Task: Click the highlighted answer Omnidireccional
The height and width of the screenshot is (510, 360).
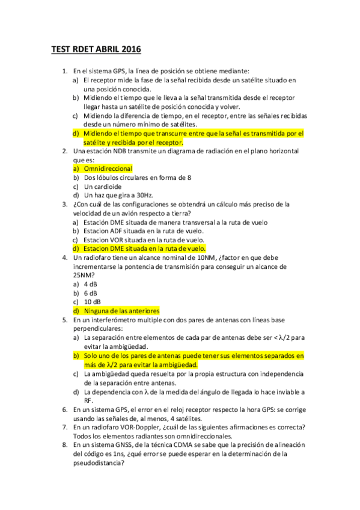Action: pyautogui.click(x=108, y=169)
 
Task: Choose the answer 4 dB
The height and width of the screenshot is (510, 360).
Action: pyautogui.click(x=91, y=283)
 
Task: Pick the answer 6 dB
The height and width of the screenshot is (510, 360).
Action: pyautogui.click(x=91, y=292)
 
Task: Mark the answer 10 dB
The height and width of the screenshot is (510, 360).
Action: pyautogui.click(x=93, y=301)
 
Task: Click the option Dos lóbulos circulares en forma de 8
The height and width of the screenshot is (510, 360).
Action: pyautogui.click(x=138, y=177)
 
